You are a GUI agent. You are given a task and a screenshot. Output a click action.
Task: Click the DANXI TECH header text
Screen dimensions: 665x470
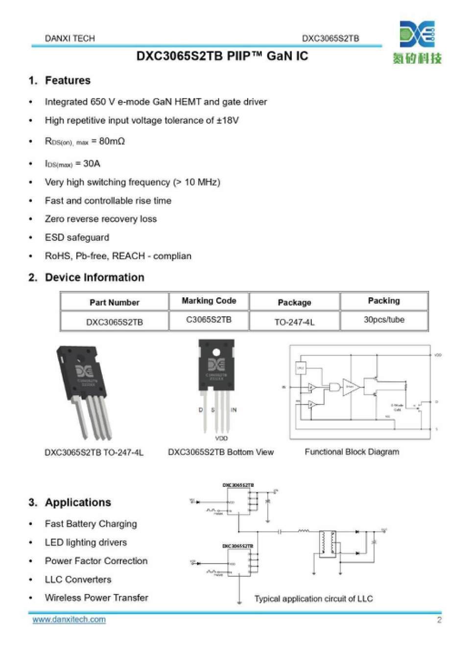click(70, 38)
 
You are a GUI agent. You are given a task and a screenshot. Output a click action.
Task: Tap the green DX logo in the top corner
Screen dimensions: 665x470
click(417, 34)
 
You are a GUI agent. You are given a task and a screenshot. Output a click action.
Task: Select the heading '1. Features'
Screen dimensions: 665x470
click(60, 80)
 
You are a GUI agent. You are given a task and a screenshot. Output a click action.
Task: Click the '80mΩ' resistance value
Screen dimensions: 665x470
click(112, 141)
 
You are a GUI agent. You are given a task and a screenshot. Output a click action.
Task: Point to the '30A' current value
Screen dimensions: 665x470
click(92, 163)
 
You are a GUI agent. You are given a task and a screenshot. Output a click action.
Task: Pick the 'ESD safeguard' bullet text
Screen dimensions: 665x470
click(77, 237)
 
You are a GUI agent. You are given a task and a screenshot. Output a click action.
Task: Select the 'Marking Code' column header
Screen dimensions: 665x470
click(209, 301)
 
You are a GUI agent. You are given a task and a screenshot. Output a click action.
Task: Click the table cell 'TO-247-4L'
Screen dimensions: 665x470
click(294, 322)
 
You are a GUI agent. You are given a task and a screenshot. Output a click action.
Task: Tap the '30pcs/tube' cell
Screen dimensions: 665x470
click(384, 320)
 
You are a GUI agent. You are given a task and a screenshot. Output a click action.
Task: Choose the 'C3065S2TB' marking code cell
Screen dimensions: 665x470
click(209, 320)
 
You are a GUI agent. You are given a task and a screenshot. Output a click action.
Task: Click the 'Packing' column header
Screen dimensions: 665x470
click(384, 301)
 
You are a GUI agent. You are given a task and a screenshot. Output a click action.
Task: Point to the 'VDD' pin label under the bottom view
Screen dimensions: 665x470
click(221, 438)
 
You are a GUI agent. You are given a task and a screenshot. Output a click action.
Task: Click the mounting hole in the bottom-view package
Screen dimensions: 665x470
click(216, 352)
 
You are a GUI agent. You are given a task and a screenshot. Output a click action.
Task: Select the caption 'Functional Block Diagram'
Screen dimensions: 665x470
click(352, 452)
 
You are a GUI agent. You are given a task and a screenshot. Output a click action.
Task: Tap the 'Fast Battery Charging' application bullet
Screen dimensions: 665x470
click(91, 524)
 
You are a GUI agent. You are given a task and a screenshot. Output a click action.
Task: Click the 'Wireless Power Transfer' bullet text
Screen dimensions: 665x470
click(96, 598)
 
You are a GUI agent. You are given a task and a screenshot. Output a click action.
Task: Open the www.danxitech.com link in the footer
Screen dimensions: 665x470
click(69, 619)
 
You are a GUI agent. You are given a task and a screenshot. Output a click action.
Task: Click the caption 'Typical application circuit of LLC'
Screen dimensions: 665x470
click(313, 599)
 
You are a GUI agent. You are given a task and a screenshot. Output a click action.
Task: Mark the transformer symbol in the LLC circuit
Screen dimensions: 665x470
click(327, 543)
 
